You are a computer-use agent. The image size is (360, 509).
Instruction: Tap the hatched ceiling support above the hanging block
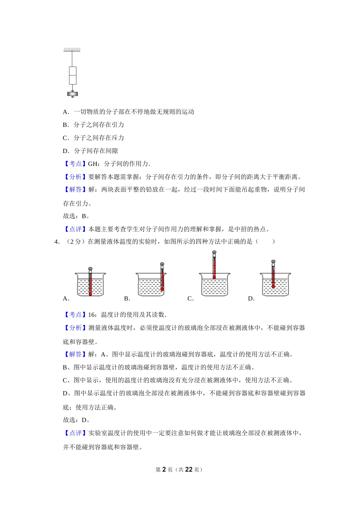click(x=72, y=50)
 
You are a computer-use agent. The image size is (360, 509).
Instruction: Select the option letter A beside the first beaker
click(x=66, y=299)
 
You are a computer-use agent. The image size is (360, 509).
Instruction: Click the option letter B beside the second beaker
click(x=127, y=299)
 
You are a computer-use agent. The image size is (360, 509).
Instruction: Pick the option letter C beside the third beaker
click(x=190, y=299)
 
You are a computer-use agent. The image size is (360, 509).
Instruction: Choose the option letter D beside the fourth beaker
click(x=251, y=299)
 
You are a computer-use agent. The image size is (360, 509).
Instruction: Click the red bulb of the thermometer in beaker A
click(x=90, y=294)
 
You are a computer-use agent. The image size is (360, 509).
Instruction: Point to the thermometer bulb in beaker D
click(x=273, y=287)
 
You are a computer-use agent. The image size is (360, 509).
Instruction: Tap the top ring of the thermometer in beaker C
click(x=214, y=252)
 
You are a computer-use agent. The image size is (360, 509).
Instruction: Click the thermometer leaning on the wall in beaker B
click(x=162, y=278)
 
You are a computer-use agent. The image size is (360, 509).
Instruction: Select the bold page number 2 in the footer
click(x=164, y=470)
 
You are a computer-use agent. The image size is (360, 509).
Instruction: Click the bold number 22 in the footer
click(x=189, y=470)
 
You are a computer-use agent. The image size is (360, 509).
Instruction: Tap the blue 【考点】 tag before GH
click(x=75, y=164)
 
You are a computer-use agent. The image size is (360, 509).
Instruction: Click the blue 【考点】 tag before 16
click(x=75, y=315)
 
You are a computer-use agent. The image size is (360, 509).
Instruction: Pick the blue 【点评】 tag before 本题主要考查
click(x=75, y=229)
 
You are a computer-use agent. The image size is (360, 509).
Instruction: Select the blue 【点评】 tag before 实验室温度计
click(x=75, y=433)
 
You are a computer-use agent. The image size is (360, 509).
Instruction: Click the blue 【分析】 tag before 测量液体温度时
click(x=75, y=328)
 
